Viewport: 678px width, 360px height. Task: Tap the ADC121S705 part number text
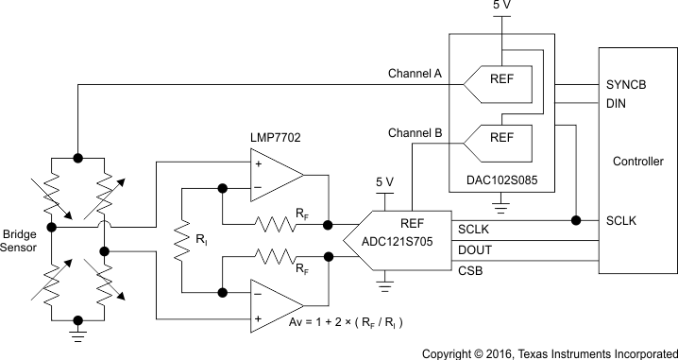coord(411,242)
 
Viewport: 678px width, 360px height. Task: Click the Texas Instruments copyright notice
coord(549,351)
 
